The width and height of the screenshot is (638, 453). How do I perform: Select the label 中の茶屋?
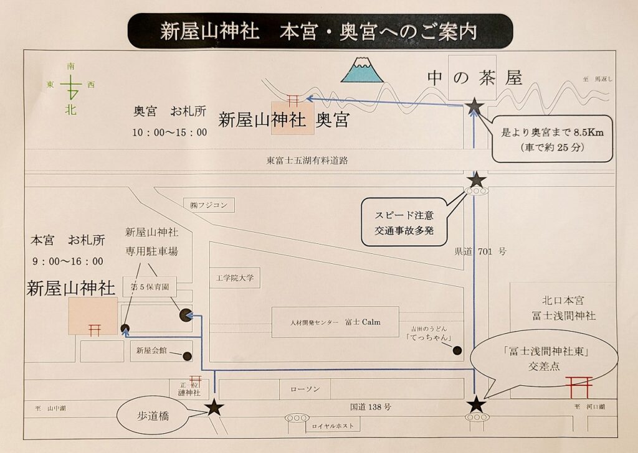coord(474,77)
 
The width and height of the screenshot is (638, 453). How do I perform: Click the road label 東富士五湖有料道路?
coord(307,160)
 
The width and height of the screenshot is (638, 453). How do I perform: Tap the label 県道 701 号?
coord(480,252)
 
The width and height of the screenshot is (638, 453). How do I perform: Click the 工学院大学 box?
coord(236,278)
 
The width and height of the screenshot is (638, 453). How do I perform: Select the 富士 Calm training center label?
coord(335,322)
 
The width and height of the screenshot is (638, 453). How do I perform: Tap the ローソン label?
coord(305,389)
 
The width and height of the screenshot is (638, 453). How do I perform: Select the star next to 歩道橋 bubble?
coord(214,408)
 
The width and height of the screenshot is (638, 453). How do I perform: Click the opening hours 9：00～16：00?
coord(67,261)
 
